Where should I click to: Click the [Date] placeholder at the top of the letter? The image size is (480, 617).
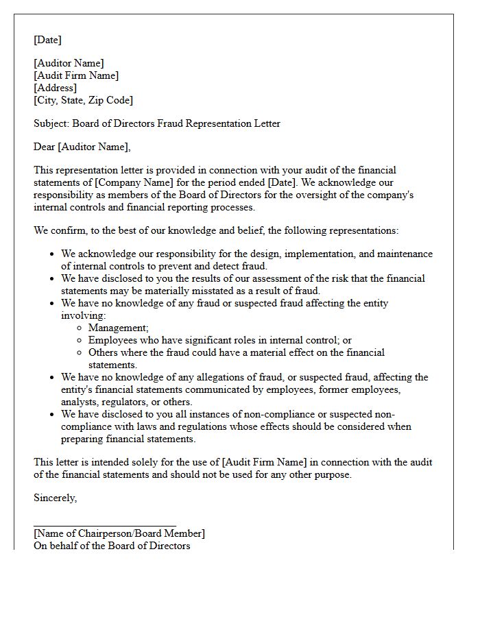tap(47, 40)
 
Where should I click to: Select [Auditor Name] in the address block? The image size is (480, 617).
tap(69, 63)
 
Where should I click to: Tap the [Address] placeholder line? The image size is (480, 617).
tap(55, 88)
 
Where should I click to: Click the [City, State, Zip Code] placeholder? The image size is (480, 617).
tap(83, 100)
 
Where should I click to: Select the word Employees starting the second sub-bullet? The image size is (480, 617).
tap(114, 340)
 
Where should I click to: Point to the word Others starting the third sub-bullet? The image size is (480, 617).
tap(104, 352)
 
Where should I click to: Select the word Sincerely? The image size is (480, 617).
tap(56, 498)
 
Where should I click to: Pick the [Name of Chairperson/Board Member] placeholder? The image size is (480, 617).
tap(119, 533)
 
